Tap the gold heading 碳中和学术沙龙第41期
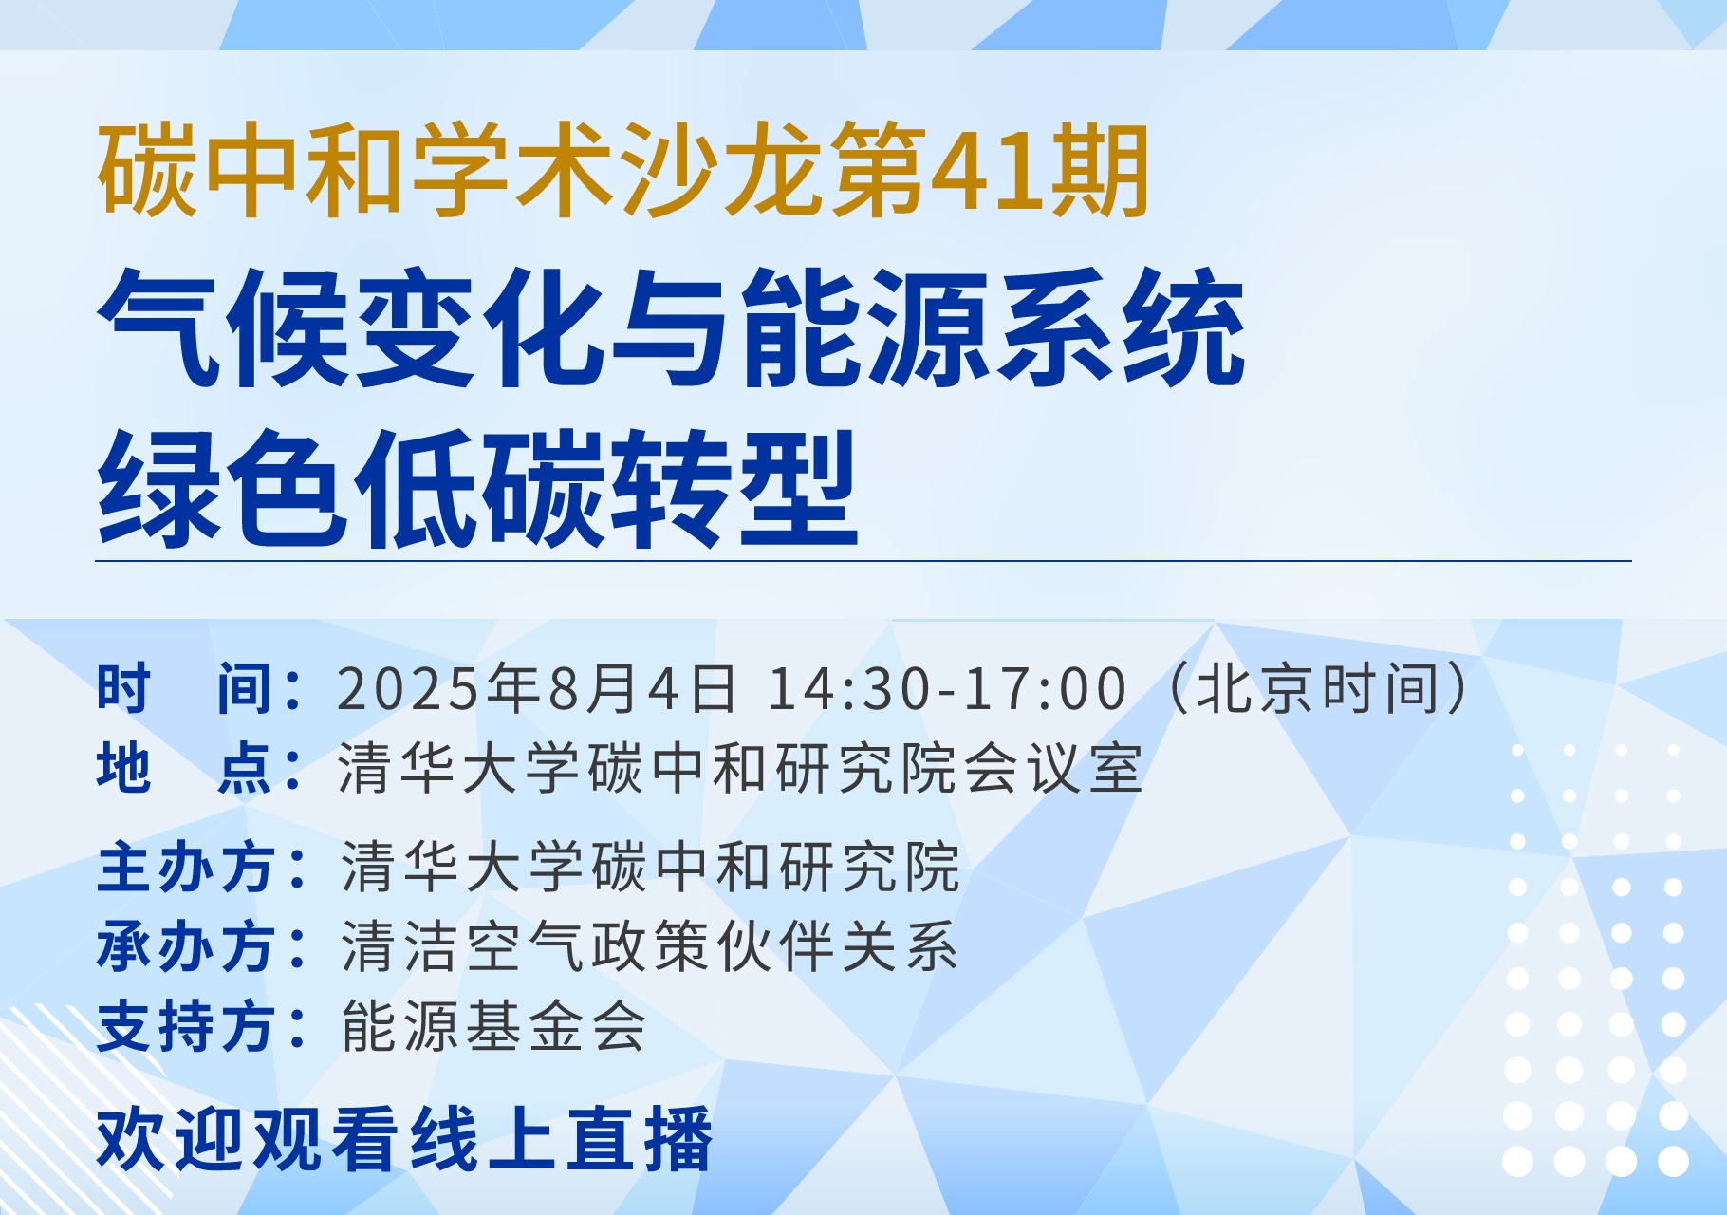pyautogui.click(x=624, y=172)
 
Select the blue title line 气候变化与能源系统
pyautogui.click(x=672, y=327)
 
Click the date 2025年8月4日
pyautogui.click(x=536, y=688)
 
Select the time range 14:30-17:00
pyautogui.click(x=946, y=688)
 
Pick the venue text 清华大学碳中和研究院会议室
pyautogui.click(x=740, y=768)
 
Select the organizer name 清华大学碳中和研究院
pyautogui.click(x=650, y=867)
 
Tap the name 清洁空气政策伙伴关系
pyautogui.click(x=650, y=946)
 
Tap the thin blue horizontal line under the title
pyautogui.click(x=863, y=561)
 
